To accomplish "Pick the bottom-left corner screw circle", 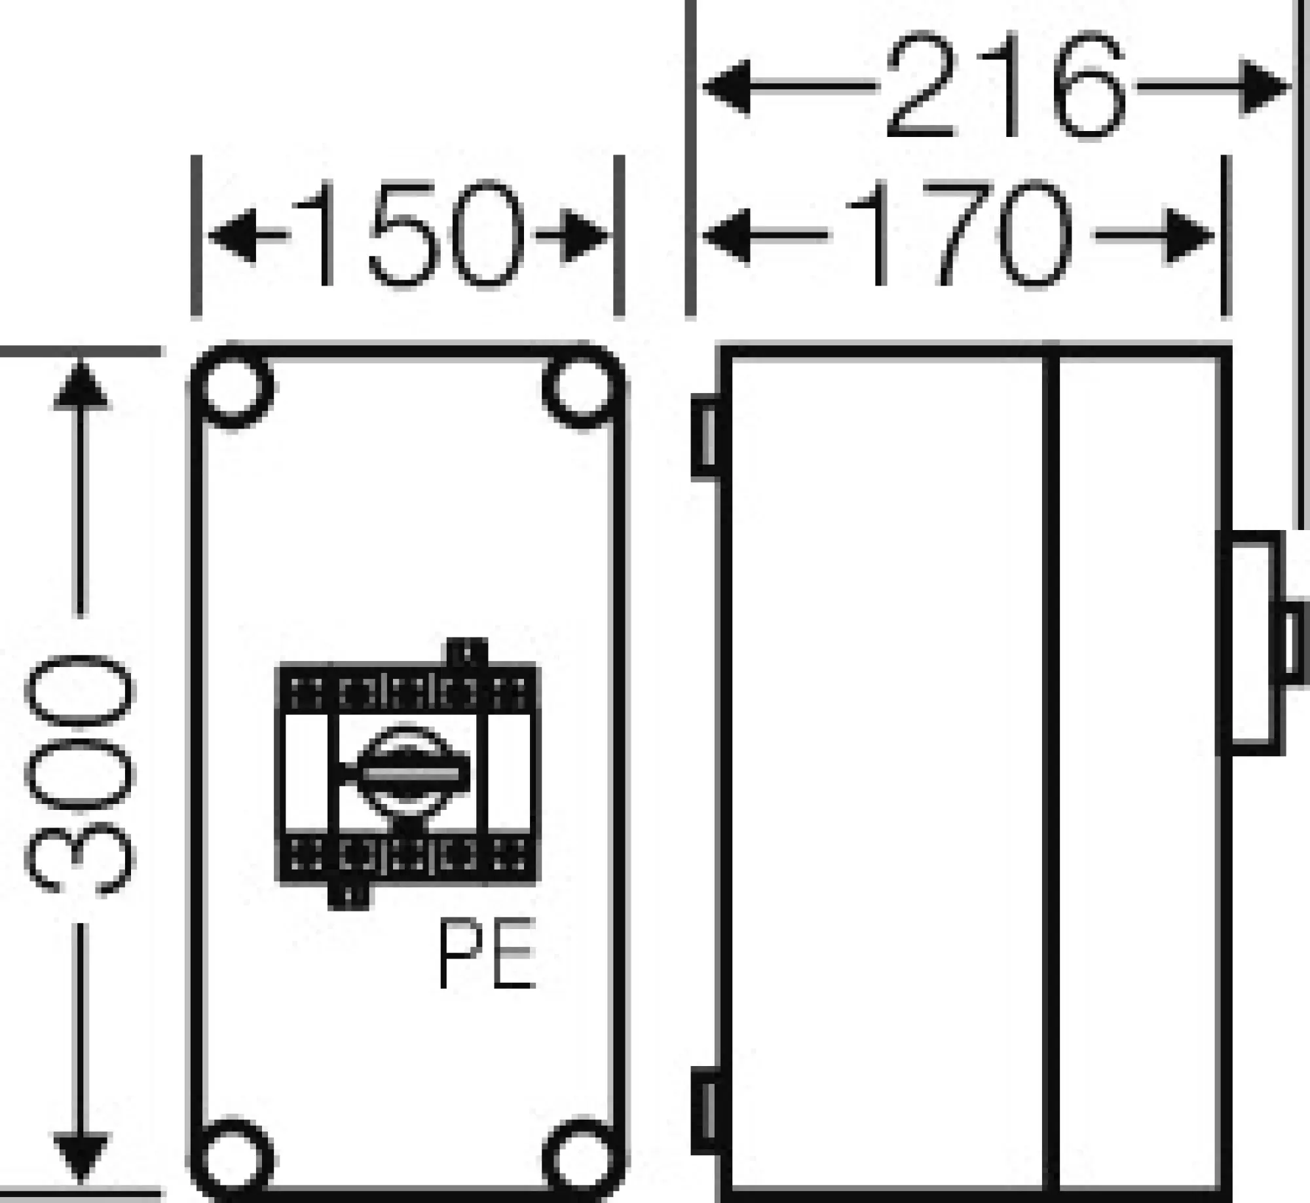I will pos(234,1160).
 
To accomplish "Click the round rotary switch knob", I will pos(408,774).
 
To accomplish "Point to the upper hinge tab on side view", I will pos(706,437).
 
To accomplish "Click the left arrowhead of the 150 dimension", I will pos(233,236).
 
